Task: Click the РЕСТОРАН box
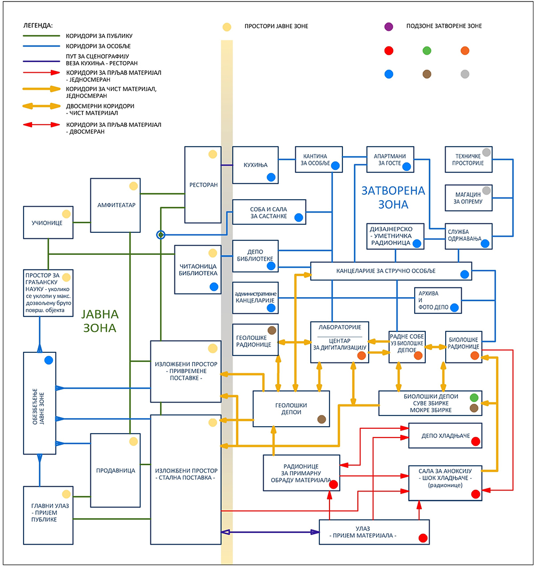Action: (x=203, y=185)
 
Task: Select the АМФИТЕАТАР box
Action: (x=115, y=205)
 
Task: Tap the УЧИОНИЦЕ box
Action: (x=48, y=222)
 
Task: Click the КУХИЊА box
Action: (x=255, y=165)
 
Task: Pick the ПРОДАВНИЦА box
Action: (x=115, y=471)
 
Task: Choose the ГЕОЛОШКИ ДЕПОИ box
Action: (x=291, y=409)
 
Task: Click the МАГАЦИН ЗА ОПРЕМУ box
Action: (x=469, y=198)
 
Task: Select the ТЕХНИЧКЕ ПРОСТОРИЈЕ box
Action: (x=469, y=159)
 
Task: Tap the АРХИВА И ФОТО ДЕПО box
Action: (x=438, y=300)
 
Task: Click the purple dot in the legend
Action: (x=389, y=26)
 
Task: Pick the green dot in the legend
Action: (x=427, y=51)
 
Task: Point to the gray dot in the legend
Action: (x=465, y=74)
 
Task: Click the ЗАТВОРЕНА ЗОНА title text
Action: (x=393, y=197)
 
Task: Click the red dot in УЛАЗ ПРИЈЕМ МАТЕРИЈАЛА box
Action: (x=423, y=538)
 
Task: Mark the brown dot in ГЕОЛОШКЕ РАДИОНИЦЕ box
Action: (x=271, y=330)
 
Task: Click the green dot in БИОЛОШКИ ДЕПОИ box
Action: (x=473, y=397)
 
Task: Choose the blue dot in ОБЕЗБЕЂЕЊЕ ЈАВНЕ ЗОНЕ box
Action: (x=49, y=360)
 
